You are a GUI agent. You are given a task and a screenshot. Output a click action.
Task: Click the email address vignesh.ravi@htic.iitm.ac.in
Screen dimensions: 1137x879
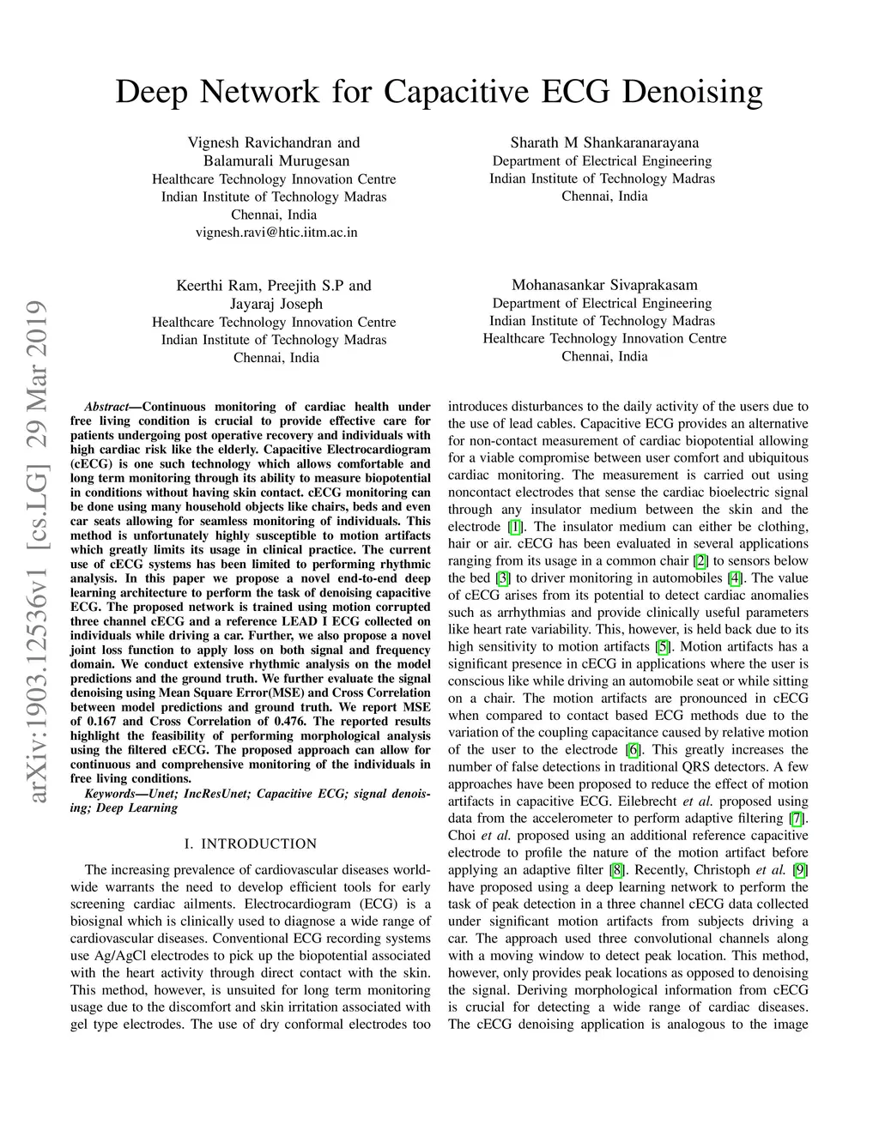tap(276, 233)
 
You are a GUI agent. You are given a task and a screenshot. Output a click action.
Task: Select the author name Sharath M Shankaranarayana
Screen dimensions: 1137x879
tap(604, 142)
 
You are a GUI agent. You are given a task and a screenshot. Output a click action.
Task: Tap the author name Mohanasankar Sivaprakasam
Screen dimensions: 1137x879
tap(604, 285)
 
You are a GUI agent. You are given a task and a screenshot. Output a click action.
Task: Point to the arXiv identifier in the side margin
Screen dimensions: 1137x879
tap(38, 553)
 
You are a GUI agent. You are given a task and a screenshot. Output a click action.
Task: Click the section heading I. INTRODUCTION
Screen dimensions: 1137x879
tap(251, 844)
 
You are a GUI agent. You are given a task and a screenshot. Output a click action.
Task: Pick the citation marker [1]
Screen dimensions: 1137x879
tap(515, 527)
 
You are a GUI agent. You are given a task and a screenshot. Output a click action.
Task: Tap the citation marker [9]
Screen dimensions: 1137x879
tap(800, 870)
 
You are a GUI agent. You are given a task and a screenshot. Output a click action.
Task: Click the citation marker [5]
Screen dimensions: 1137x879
tap(663, 647)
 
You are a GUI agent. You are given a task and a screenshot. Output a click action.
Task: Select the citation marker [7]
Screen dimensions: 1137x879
tap(798, 819)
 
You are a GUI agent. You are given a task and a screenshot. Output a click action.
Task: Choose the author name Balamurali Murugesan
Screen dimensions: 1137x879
tap(276, 160)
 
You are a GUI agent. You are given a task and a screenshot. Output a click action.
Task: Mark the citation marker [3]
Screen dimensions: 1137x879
tap(504, 578)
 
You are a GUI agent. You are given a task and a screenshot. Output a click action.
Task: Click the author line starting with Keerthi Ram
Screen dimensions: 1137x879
tap(274, 286)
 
